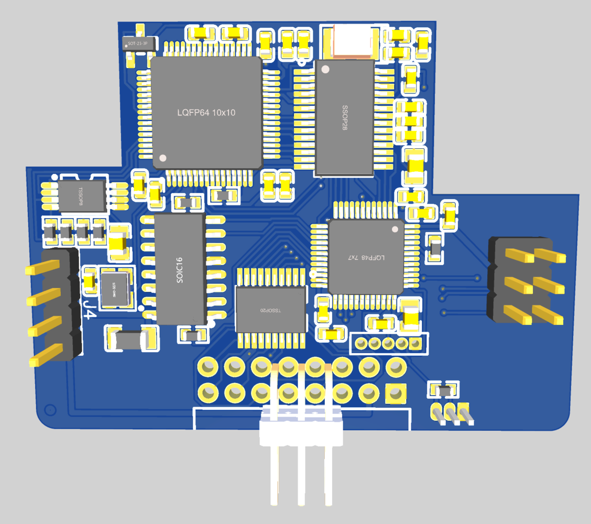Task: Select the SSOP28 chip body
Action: tap(344, 118)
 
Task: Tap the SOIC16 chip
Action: tap(179, 269)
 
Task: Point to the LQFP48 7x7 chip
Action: tap(366, 257)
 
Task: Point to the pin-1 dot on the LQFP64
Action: tap(162, 158)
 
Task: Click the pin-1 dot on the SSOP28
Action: tap(325, 69)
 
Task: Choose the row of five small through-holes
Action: tap(388, 344)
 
